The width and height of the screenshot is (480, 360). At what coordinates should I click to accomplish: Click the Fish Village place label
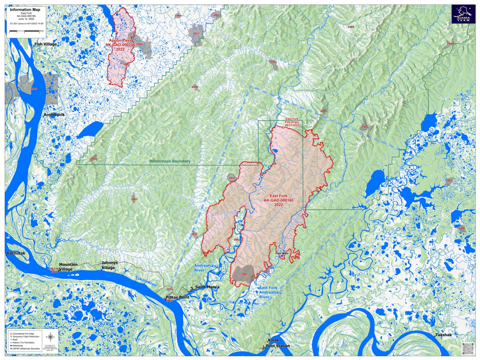coord(46,44)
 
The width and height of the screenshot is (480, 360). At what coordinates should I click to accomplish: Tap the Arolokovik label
coord(54,115)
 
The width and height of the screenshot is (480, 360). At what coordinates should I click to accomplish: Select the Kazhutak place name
coord(16,253)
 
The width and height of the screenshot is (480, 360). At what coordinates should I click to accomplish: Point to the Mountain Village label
coord(68,267)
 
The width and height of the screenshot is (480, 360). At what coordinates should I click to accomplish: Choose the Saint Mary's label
coord(207,287)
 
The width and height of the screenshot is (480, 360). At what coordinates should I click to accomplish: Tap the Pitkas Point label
coord(178,297)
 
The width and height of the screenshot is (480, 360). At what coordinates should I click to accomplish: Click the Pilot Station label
coord(278,346)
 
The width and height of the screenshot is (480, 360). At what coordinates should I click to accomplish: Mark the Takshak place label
coord(443,335)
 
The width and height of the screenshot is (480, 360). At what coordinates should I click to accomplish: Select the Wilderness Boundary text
coord(170,161)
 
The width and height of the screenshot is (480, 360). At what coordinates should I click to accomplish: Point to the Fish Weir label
coord(282,253)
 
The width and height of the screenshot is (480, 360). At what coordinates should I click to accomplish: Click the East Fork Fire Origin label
coord(292,122)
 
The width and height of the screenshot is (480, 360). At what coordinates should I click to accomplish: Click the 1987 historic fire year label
coord(244,274)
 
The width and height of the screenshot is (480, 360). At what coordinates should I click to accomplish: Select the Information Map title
coord(25,10)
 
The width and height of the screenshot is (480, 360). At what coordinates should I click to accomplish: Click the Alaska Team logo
coord(463,14)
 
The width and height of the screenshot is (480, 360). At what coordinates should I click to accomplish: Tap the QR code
coord(468,348)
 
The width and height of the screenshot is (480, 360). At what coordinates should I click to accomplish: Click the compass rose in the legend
coord(50,337)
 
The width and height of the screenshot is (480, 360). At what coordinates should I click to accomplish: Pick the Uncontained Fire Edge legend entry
coord(23,334)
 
